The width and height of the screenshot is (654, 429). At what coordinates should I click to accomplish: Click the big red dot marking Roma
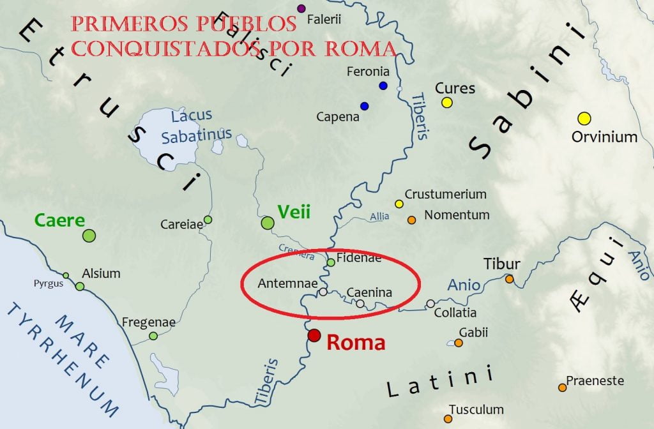click(314, 336)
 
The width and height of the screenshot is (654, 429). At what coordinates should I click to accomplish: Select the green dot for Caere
click(89, 236)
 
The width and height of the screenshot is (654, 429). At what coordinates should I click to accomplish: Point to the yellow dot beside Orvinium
click(584, 118)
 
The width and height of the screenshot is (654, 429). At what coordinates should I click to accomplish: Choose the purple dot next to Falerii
click(301, 8)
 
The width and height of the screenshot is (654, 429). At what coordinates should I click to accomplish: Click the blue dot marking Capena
click(364, 106)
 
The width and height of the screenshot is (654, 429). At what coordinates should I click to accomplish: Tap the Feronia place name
click(368, 71)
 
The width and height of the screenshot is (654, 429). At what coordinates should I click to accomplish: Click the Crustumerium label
click(445, 194)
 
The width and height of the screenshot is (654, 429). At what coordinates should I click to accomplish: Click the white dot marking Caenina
click(360, 304)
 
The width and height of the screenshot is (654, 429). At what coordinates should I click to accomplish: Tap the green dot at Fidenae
click(331, 262)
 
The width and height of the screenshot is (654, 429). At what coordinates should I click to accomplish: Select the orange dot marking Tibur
click(510, 279)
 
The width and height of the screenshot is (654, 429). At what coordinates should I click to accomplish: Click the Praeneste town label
click(595, 380)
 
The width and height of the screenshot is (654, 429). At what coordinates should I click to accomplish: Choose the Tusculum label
click(476, 409)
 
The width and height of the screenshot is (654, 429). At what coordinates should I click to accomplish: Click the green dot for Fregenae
click(153, 336)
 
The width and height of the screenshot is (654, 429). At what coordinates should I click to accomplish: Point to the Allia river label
click(379, 217)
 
